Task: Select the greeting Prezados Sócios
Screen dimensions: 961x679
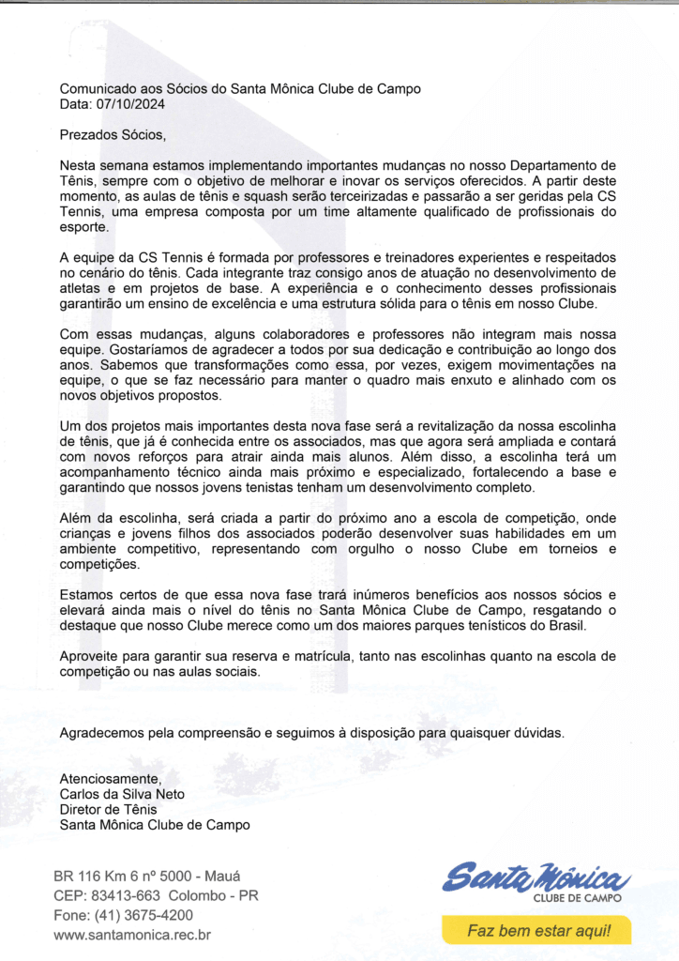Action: coord(112,135)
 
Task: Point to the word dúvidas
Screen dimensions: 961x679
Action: coord(538,733)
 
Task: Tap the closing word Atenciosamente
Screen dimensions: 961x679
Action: coord(111,779)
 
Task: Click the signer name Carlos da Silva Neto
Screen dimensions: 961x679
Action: coord(122,794)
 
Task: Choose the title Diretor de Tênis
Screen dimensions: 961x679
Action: coord(108,810)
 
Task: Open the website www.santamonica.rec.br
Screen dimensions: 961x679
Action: coord(132,935)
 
